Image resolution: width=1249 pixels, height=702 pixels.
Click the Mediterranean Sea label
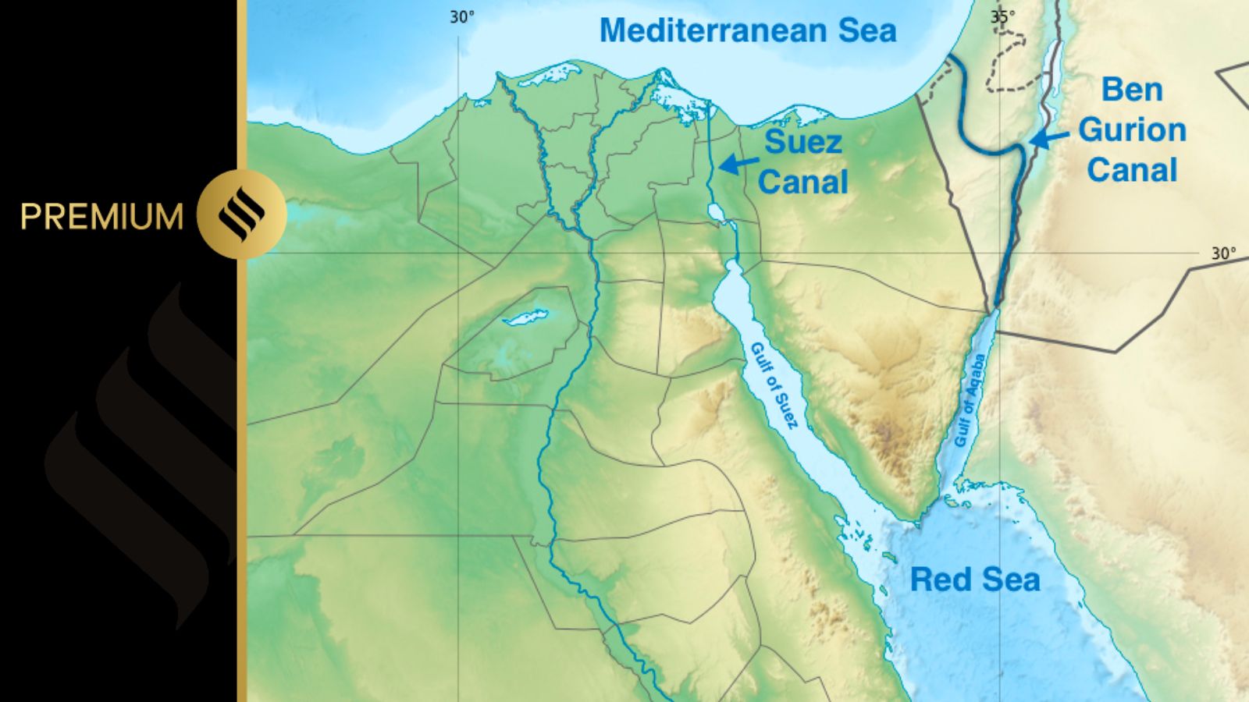[748, 31]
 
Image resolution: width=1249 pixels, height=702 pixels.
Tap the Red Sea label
[975, 580]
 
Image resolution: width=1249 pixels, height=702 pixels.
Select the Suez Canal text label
[802, 162]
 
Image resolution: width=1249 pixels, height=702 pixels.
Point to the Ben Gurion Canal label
[1132, 129]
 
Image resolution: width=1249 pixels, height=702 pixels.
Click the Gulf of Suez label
[774, 385]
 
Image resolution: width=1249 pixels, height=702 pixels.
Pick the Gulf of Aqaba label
[970, 400]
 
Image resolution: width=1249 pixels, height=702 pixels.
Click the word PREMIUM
[101, 216]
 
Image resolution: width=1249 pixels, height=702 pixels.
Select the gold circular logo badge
[241, 214]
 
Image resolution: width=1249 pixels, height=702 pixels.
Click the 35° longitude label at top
[1003, 16]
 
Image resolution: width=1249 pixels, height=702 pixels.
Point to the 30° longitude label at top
[461, 16]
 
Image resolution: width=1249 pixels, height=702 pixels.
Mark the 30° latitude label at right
[1223, 253]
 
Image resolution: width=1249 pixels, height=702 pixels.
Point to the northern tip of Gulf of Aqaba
[994, 313]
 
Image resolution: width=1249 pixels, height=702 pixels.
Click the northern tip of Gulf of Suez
[732, 264]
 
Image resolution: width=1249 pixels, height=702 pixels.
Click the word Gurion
[1132, 129]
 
